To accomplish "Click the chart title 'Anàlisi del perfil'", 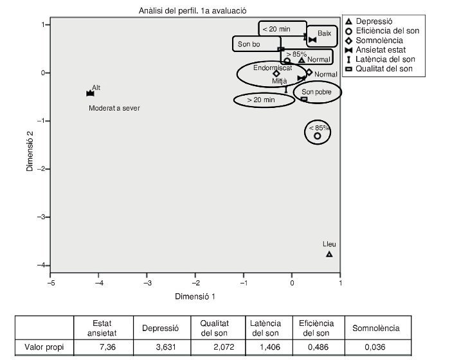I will tap(192, 11).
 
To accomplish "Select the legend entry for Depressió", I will tap(379, 21).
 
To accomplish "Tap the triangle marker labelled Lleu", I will tap(329, 254).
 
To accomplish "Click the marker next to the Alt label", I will tap(90, 93).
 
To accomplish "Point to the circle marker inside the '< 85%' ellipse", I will tap(317, 136).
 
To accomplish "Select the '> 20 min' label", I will tap(261, 100).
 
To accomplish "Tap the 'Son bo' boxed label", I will tap(249, 44).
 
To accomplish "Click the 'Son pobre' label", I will tap(317, 92).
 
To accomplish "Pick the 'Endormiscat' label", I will tap(271, 67).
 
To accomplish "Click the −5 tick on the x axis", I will tap(50, 283).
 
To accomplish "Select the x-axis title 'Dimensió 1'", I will tap(195, 296).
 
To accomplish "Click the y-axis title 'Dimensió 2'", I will tap(30, 151).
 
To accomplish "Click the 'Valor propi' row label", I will tap(42, 348).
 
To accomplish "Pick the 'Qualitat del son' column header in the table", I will tap(214, 328).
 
